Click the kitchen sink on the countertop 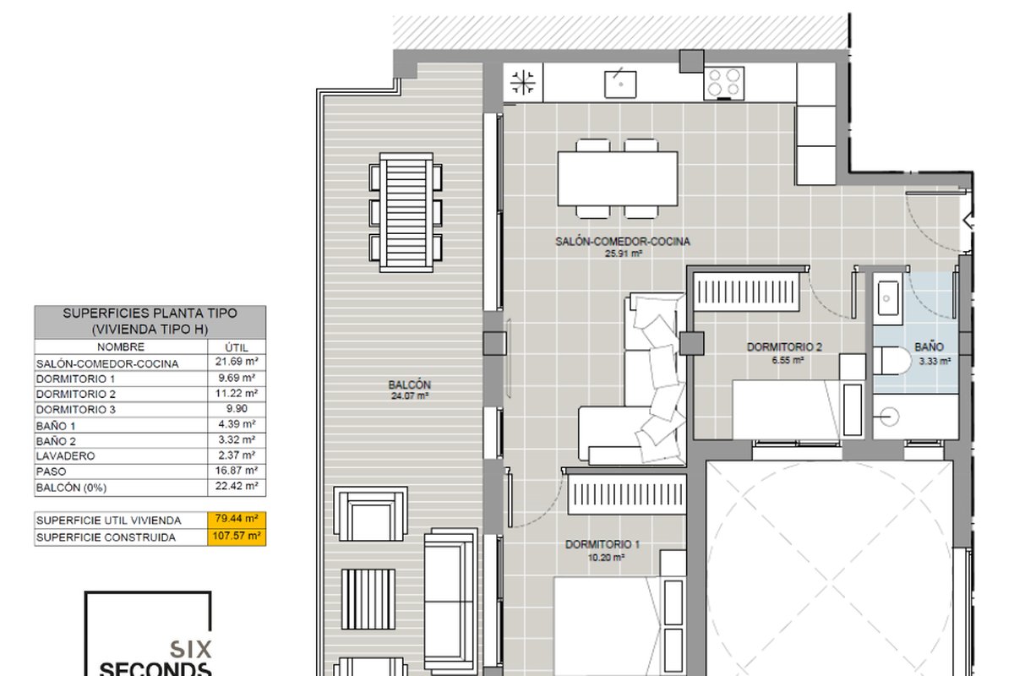(620, 84)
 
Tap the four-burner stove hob (724, 83)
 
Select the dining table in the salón (618, 178)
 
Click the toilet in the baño (891, 361)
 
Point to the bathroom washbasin (888, 298)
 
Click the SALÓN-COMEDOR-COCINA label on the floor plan (623, 242)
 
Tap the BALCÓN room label (410, 384)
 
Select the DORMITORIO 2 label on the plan (784, 346)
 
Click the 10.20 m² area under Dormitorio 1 (606, 558)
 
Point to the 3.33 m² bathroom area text (935, 362)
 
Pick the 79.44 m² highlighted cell (237, 519)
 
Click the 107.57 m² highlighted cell (237, 536)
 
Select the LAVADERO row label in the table (66, 456)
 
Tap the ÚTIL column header (237, 347)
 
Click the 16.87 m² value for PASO (237, 471)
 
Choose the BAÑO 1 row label (56, 426)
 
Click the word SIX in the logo (191, 649)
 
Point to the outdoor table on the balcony (406, 212)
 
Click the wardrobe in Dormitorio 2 (746, 292)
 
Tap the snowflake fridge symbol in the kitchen (523, 83)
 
